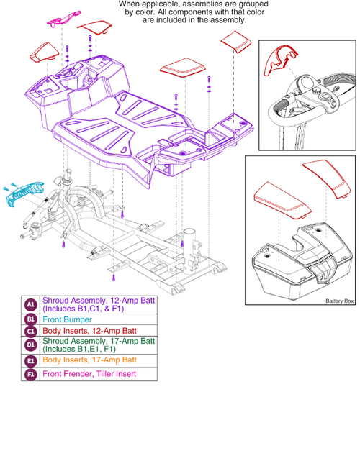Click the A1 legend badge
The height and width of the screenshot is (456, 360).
pos(30,303)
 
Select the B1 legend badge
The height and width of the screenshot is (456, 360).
pos(30,319)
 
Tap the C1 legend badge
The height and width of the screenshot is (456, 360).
pos(30,331)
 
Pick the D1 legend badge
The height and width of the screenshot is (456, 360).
pos(30,347)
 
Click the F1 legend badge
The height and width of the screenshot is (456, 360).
pos(30,375)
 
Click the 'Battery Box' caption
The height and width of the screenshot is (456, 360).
pos(338,301)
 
